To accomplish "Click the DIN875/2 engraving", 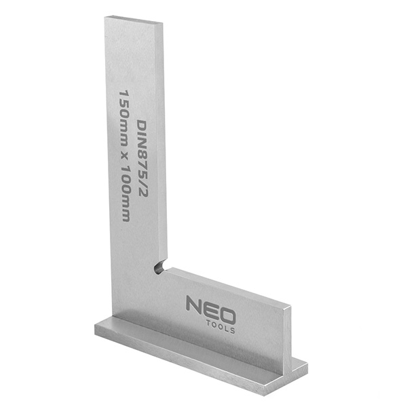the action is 142,158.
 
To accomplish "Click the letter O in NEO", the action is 227,315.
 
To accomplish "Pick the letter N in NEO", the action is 193,304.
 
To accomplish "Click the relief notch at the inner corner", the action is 159,267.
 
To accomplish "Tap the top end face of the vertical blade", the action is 134,20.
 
